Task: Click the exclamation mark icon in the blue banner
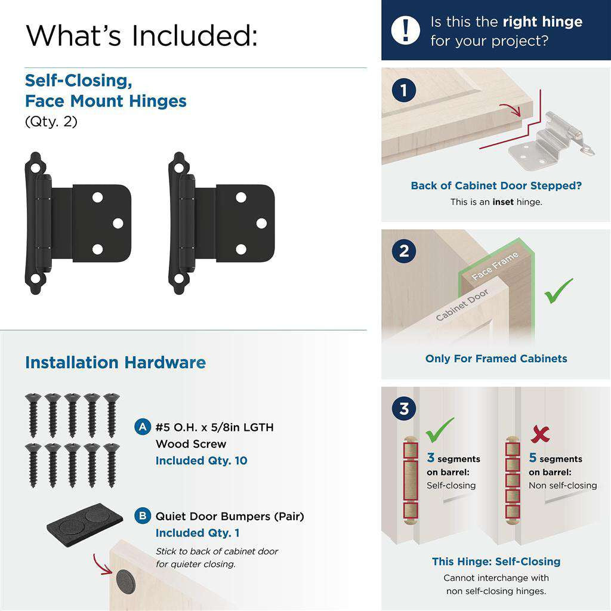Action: [x=406, y=29]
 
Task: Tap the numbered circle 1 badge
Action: [x=404, y=91]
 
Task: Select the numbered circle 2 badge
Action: [x=404, y=251]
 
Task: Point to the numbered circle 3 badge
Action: [x=404, y=409]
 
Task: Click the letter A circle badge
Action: [x=143, y=427]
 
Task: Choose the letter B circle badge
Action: [x=143, y=516]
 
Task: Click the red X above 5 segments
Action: [x=540, y=434]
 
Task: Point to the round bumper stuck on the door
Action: [x=125, y=579]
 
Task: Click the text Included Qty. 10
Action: [x=201, y=461]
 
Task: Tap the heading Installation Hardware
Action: [x=115, y=363]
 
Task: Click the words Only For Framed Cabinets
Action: [x=496, y=359]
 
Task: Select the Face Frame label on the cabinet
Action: [x=495, y=266]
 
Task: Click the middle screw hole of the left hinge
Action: [x=118, y=223]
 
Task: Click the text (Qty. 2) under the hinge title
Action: [x=51, y=122]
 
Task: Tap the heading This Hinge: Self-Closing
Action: [x=496, y=561]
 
